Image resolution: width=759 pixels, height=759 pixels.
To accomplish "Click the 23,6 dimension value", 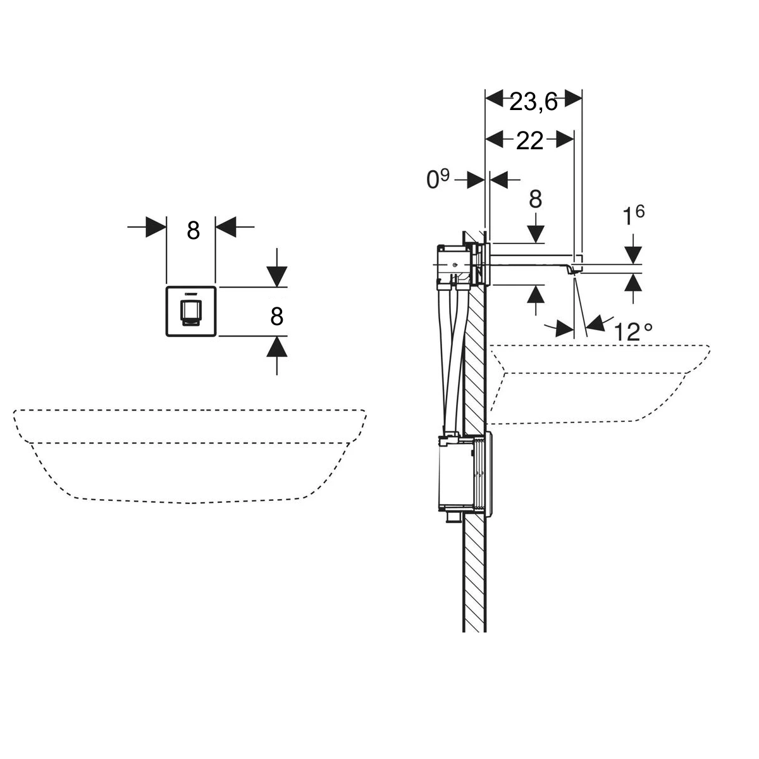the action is click(x=533, y=102).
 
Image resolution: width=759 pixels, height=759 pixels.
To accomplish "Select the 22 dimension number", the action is click(x=529, y=140).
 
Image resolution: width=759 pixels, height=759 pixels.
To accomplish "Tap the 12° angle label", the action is click(x=633, y=331).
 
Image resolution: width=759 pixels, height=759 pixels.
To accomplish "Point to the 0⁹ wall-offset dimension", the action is click(x=438, y=179).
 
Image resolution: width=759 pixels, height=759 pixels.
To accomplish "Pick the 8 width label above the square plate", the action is click(x=193, y=230).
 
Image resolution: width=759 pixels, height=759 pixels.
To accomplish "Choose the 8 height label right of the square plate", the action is click(x=276, y=316).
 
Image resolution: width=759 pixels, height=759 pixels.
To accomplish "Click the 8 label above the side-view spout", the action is click(x=535, y=199).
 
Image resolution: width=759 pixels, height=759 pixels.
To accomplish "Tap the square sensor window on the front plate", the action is click(x=190, y=313).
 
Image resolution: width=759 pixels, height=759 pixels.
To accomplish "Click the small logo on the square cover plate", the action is click(x=190, y=293).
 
